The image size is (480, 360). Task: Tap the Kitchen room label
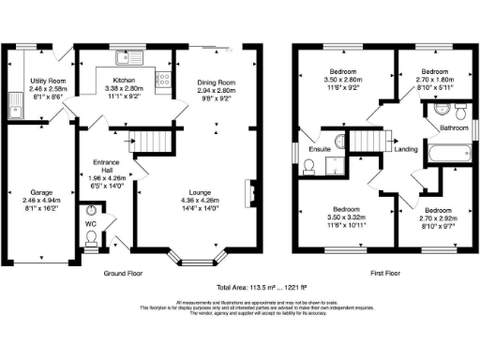(126, 81)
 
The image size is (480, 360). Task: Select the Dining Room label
(217, 82)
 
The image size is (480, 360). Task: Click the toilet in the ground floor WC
(91, 241)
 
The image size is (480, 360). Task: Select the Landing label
(406, 150)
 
